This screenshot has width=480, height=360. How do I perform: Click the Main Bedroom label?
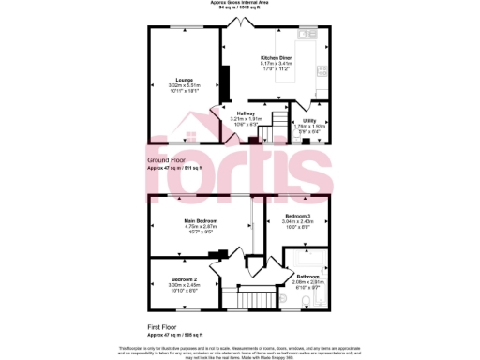coord(200,220)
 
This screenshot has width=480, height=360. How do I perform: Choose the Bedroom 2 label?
coord(183,279)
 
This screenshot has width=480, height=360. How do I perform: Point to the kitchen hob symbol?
coord(323,70)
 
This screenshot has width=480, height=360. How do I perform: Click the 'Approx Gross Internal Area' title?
coord(240,3)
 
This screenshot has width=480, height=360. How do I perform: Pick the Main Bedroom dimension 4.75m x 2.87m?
coord(200,227)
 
